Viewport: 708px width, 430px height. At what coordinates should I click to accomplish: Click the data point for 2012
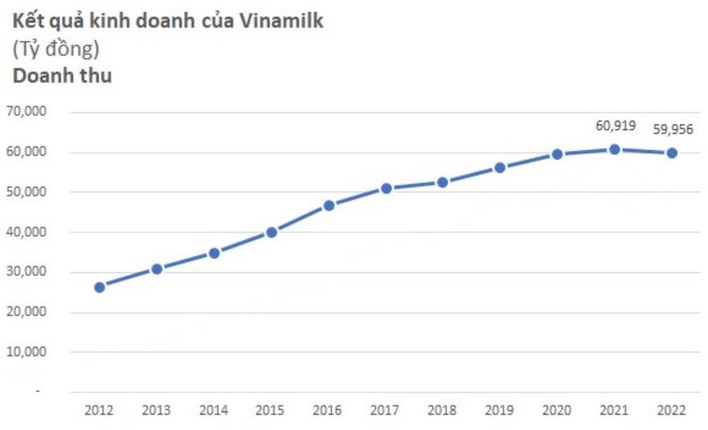(x=99, y=287)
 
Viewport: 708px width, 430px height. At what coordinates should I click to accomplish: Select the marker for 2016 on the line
(x=329, y=205)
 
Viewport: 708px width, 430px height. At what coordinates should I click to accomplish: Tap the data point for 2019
(x=500, y=168)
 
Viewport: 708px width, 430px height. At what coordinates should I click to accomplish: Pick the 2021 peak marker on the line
(x=614, y=149)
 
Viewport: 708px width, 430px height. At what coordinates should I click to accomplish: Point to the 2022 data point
(x=672, y=153)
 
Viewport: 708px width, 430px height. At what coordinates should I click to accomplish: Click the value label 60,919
(x=614, y=125)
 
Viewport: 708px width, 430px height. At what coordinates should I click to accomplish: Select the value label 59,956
(x=672, y=129)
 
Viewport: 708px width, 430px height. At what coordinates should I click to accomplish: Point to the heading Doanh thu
(x=61, y=77)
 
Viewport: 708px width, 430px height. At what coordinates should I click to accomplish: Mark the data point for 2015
(x=272, y=232)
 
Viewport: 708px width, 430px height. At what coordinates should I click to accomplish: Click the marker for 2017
(x=386, y=188)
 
